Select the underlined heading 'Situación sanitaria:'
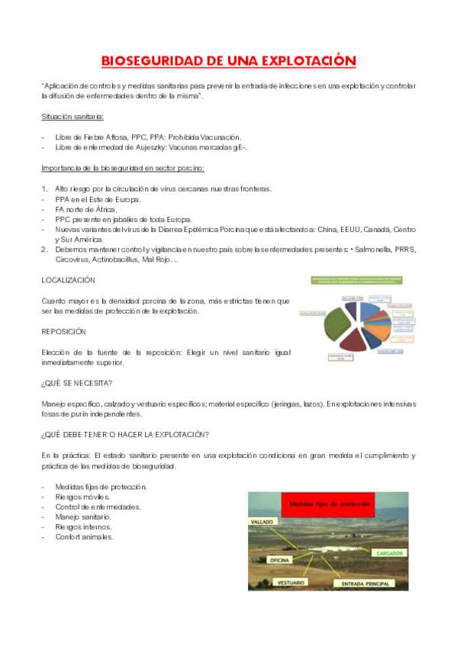(x=73, y=117)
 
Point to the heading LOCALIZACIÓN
(x=68, y=281)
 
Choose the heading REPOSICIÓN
(x=64, y=332)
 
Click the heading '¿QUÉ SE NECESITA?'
(x=77, y=382)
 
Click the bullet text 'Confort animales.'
(x=85, y=536)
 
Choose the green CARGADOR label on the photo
(x=391, y=552)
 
